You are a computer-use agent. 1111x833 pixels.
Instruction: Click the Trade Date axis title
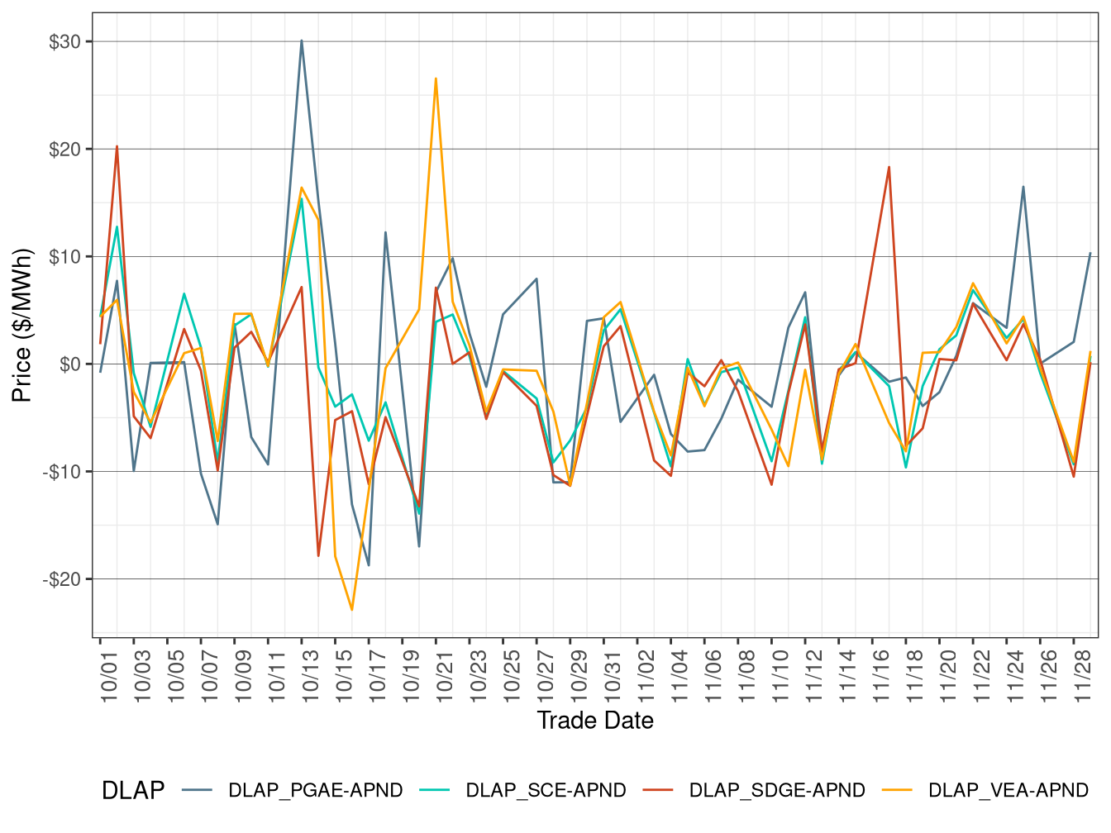coord(595,721)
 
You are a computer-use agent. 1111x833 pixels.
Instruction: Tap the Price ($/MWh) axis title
coord(22,325)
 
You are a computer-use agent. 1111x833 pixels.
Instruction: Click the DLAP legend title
coord(132,791)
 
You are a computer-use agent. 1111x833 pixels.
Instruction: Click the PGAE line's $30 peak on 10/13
coord(302,40)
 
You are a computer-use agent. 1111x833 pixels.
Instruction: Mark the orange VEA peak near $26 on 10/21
coord(436,79)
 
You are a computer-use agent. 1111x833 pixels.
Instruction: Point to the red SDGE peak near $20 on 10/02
coord(117,146)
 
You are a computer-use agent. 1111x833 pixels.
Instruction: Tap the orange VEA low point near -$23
coord(352,610)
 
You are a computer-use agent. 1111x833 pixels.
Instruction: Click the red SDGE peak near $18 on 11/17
coord(889,167)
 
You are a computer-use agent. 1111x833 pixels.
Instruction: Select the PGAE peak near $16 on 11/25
coord(1023,187)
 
